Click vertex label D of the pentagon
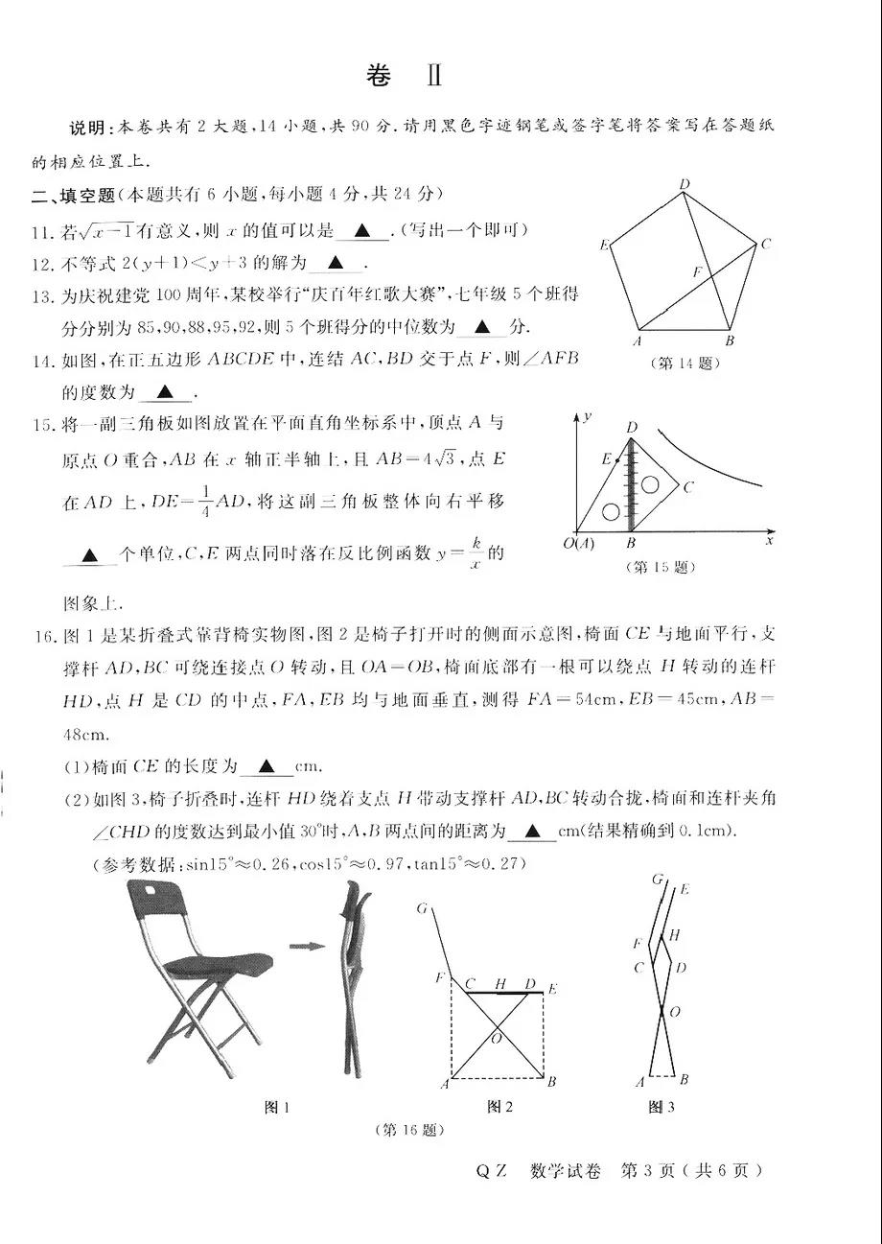click(x=685, y=184)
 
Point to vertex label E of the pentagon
click(x=604, y=246)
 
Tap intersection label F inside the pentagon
click(x=698, y=272)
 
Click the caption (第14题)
click(x=685, y=364)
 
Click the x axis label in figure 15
click(x=769, y=542)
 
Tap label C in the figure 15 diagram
click(x=688, y=487)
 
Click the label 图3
click(x=661, y=1107)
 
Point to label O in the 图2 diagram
click(x=497, y=1038)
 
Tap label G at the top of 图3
click(x=657, y=878)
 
